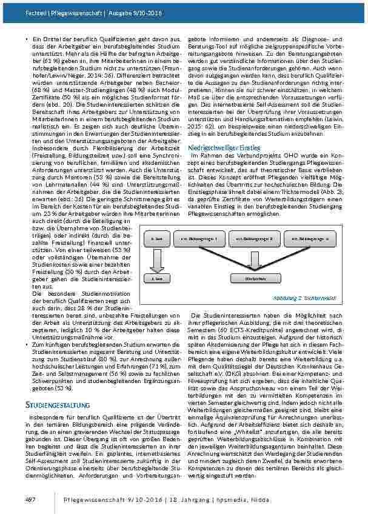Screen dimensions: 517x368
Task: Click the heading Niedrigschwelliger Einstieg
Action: [x=225, y=147]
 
